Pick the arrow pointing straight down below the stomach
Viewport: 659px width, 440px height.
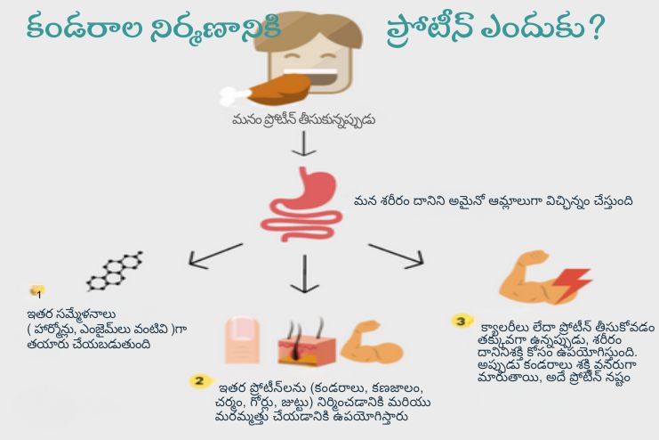pyautogui.click(x=305, y=272)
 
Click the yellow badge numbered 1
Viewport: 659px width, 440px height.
pyautogui.click(x=37, y=291)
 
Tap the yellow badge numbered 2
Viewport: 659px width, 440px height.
pyautogui.click(x=200, y=381)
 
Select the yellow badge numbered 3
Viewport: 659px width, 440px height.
pyautogui.click(x=460, y=320)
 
